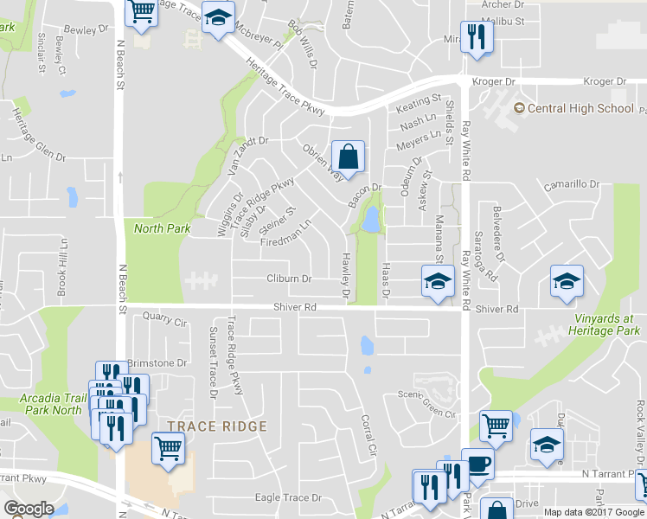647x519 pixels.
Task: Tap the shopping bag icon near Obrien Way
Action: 348,157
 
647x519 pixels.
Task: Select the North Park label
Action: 162,228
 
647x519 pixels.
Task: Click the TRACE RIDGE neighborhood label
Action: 217,426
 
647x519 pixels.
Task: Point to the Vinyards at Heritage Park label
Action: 605,325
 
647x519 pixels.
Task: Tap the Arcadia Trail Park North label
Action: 49,405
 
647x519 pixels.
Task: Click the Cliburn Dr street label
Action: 289,279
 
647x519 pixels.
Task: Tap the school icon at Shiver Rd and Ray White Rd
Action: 438,281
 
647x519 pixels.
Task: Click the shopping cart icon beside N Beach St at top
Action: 142,11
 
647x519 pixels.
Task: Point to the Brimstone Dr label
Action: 157,363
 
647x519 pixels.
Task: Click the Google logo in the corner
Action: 29,509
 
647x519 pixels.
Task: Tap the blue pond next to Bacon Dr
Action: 372,220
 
